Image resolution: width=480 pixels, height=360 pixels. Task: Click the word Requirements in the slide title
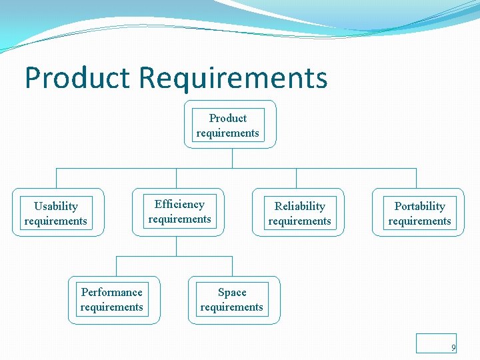pos(233,77)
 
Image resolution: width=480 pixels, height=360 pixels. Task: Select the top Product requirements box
pos(229,125)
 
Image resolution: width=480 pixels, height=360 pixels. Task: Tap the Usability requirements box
pos(58,213)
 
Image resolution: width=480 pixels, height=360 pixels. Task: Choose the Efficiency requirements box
pos(178,212)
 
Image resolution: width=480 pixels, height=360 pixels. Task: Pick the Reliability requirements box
pos(298,213)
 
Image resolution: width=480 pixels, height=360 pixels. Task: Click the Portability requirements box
pos(418,213)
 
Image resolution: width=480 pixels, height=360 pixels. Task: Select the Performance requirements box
pos(114,300)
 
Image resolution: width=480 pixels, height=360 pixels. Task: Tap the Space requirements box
pos(234,300)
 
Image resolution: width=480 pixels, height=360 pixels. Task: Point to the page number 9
pos(453,347)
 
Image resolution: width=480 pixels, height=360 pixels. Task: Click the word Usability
pos(56,206)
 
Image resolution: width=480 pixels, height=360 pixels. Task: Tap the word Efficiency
pos(179,204)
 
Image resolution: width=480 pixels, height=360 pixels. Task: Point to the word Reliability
pos(300,206)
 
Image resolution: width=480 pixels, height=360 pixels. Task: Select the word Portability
pos(419,206)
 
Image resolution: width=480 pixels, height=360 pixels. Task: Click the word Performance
pos(111,292)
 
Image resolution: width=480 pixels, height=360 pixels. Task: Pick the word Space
pos(232,292)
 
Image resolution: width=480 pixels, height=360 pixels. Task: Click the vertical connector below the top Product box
pos(232,158)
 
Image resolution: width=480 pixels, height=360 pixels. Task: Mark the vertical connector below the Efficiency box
pos(176,246)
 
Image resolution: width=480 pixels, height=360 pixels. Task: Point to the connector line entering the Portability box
pos(416,178)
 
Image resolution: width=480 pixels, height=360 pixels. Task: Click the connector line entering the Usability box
pos(56,178)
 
